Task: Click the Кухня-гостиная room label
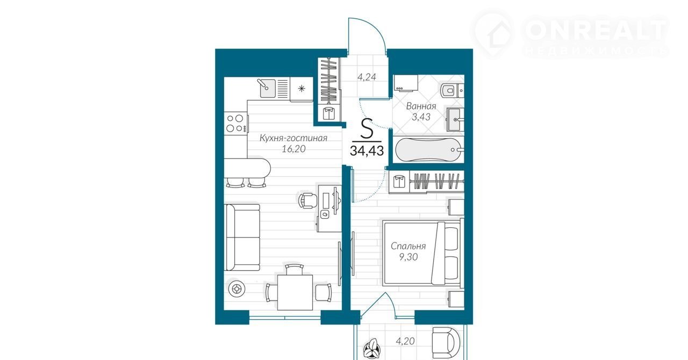pyautogui.click(x=293, y=138)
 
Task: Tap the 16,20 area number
pyautogui.click(x=293, y=149)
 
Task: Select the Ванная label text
pyautogui.click(x=421, y=106)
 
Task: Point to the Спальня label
pyautogui.click(x=408, y=246)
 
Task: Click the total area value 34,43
pyautogui.click(x=367, y=151)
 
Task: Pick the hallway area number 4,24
pyautogui.click(x=367, y=77)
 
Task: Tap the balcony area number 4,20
pyautogui.click(x=405, y=341)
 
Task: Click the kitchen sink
pyautogui.click(x=266, y=88)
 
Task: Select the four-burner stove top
pyautogui.click(x=236, y=123)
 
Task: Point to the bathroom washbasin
pyautogui.click(x=455, y=119)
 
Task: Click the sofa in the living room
pyautogui.click(x=242, y=237)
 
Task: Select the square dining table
pyautogui.click(x=295, y=292)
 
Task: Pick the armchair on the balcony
pyautogui.click(x=446, y=342)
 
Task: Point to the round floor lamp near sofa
pyautogui.click(x=236, y=289)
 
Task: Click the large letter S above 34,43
pyautogui.click(x=367, y=128)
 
